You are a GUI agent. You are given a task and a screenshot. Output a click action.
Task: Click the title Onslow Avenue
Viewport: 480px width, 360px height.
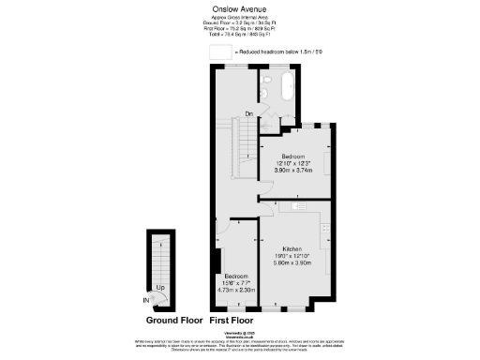240,10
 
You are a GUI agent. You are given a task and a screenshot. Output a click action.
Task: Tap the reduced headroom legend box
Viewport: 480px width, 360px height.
219,52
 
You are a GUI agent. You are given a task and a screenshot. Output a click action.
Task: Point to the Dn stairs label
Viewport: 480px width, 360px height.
249,115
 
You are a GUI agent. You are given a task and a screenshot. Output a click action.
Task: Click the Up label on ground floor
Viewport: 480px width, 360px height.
160,287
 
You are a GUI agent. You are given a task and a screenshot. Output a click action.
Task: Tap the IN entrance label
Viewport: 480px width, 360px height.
146,300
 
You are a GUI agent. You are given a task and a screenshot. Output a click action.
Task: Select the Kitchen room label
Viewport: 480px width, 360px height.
292,249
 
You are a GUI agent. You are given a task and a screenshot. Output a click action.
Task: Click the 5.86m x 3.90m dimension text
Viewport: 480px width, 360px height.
292,263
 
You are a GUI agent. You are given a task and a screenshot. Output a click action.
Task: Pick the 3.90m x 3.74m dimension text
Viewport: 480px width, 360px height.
293,171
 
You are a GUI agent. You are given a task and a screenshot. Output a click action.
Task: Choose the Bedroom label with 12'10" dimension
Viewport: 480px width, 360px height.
293,156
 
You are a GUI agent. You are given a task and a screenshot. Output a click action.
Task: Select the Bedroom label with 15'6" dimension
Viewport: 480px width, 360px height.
235,276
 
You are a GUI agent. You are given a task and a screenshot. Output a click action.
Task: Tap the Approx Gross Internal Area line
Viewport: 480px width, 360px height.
240,20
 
